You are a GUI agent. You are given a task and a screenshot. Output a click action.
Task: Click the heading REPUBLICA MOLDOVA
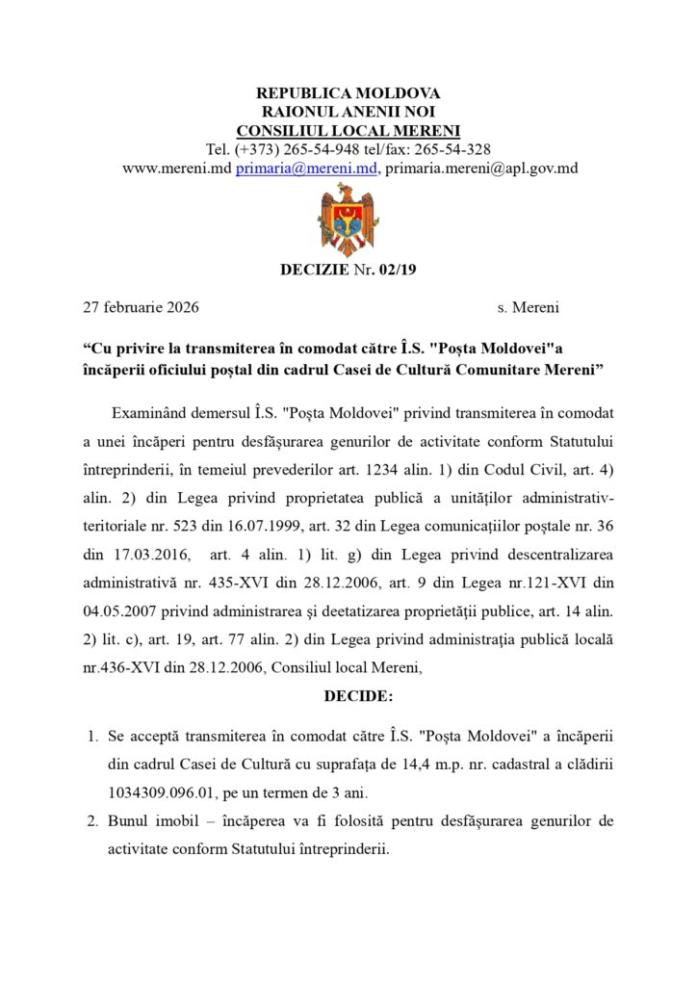348,93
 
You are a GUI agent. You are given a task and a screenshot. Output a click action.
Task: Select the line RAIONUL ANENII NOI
348,112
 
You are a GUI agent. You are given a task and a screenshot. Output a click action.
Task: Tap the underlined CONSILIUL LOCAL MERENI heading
348,130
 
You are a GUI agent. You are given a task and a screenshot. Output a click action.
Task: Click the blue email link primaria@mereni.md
308,168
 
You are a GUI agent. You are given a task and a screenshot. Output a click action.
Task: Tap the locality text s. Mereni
529,308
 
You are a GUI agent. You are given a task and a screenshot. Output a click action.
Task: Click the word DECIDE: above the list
348,694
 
